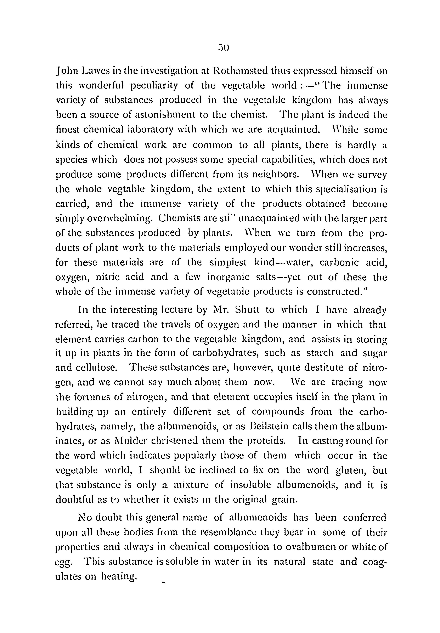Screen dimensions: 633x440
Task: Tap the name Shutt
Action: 247,310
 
